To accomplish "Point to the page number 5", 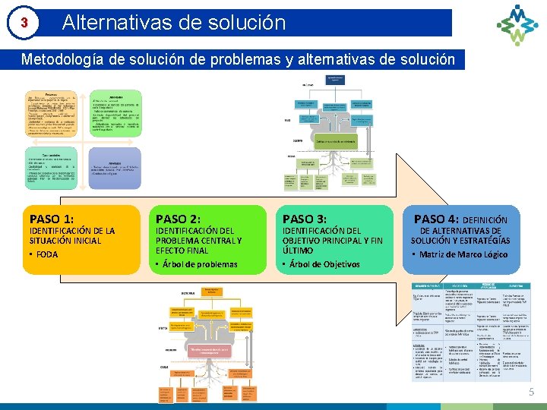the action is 532,392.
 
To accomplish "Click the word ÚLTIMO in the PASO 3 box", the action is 297,250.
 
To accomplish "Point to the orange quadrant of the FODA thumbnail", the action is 62,114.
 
